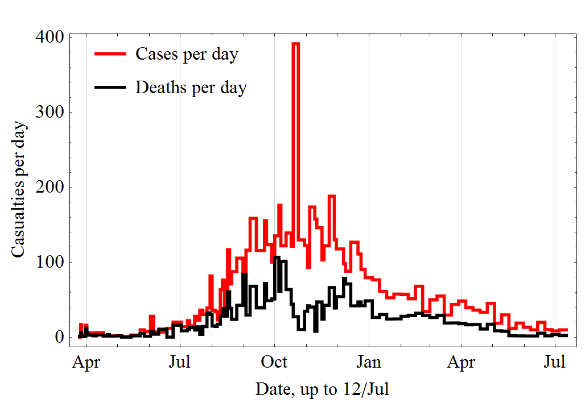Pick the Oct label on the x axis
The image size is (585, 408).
274,362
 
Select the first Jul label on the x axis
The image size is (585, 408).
180,362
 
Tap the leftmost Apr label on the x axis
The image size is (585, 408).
86,362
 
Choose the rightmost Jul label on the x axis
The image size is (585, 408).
555,362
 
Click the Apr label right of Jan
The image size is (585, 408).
462,362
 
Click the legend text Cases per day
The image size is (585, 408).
187,54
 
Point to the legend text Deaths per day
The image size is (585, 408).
191,88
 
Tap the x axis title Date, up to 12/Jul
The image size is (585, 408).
323,389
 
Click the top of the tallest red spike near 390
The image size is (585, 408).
295,43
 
